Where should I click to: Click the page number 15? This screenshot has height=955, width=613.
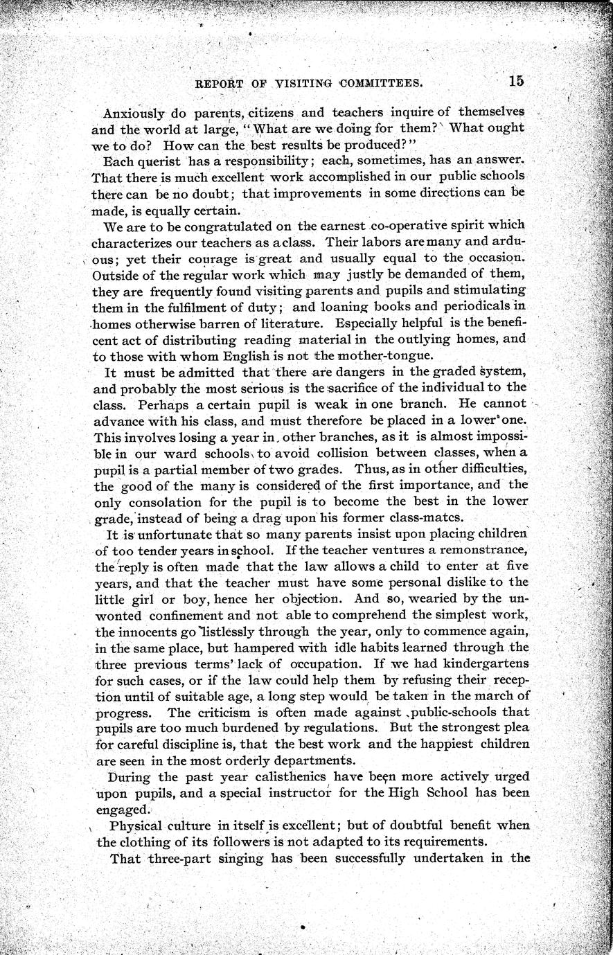coord(516,80)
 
